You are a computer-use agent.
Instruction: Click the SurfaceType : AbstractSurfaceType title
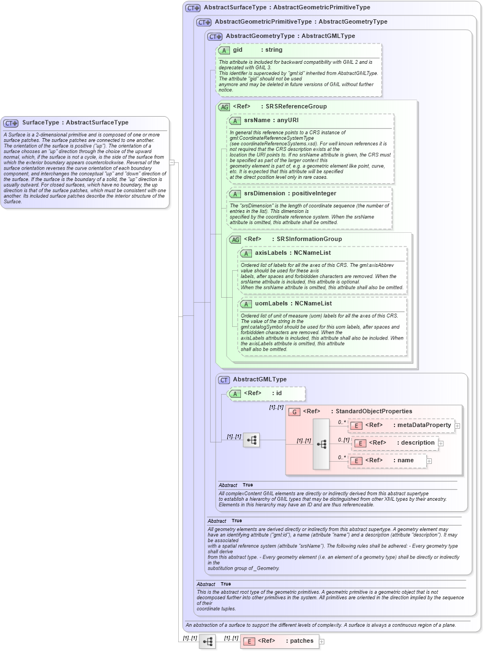click(75, 123)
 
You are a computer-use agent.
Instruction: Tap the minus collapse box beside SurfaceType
click(172, 162)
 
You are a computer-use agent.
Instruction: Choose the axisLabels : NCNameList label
click(293, 253)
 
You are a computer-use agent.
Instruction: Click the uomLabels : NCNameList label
click(293, 304)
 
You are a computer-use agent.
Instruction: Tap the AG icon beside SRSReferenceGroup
click(224, 107)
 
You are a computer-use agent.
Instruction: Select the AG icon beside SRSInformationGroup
click(235, 239)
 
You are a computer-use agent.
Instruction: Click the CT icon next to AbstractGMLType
click(224, 380)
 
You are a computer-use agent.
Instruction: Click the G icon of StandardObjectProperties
click(294, 412)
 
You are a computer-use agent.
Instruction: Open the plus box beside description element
click(441, 443)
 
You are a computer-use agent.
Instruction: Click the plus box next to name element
click(430, 461)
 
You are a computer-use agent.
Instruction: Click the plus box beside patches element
click(322, 641)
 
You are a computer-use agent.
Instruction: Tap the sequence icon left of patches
click(207, 642)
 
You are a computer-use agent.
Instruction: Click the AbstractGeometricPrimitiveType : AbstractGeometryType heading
click(301, 22)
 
